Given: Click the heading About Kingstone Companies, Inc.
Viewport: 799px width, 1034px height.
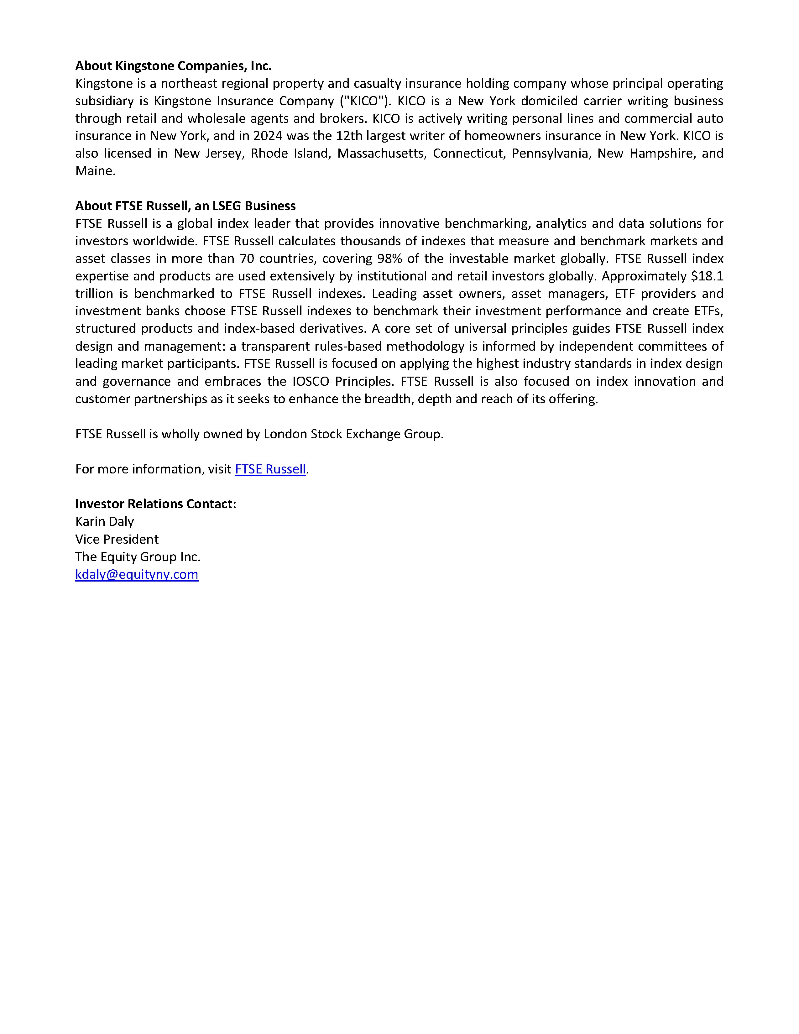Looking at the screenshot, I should (173, 66).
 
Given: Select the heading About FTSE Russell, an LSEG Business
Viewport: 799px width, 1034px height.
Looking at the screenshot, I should (185, 206).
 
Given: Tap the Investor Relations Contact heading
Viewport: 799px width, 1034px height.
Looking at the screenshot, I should (155, 504).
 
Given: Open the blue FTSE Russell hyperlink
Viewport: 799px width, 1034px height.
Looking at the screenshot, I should (270, 469).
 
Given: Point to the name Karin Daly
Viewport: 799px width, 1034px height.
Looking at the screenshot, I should (105, 521).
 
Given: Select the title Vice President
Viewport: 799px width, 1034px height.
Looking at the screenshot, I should (117, 539).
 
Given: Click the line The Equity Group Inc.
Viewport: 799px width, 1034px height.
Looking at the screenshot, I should (138, 557).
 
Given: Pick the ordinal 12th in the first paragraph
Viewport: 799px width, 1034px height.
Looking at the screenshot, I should (348, 136).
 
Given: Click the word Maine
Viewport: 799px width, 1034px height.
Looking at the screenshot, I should (95, 171).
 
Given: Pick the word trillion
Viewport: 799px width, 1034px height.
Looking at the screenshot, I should (94, 294).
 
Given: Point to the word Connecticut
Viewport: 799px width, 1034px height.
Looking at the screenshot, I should (469, 154).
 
